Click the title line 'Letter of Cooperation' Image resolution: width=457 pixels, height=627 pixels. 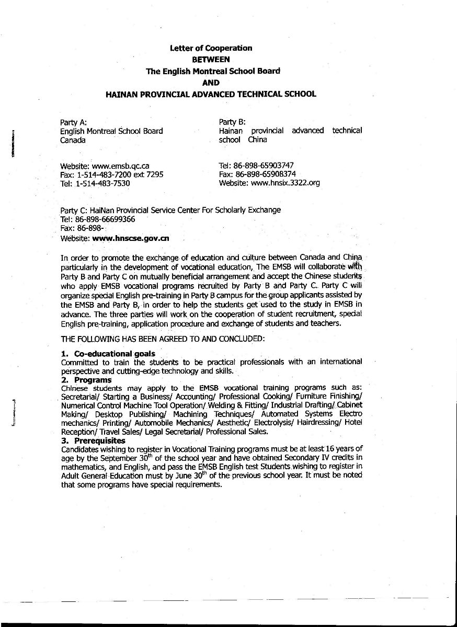coord(211,48)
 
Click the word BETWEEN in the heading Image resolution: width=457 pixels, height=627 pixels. coord(211,60)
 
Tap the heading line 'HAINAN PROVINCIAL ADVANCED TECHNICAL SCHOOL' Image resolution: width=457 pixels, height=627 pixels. coord(211,94)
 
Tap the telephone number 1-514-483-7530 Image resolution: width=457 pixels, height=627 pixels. coord(102,184)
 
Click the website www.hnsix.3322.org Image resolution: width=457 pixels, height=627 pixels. coord(285,183)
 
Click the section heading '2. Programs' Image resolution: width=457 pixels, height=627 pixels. coord(86,380)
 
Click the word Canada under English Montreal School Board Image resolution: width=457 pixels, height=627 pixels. coord(73,141)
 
